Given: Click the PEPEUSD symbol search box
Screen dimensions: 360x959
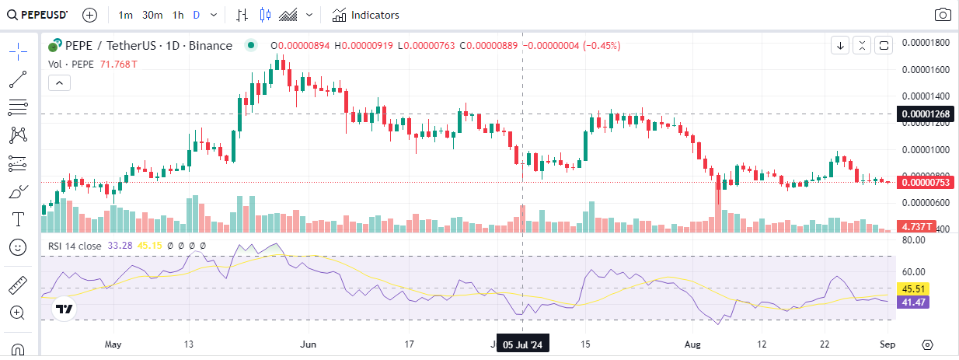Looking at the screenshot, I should pos(39,15).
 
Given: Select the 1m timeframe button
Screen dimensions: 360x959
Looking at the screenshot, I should pos(126,15).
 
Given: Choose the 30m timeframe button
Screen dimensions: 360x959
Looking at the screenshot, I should pos(152,15).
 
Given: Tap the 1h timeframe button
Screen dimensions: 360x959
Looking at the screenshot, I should pos(178,15).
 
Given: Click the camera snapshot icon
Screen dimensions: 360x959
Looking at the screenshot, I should pos(942,15).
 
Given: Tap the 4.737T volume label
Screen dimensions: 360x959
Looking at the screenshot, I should pos(918,226).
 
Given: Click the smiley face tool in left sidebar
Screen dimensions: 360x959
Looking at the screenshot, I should pos(18,247).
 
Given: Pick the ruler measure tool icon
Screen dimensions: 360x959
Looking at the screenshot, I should pos(18,285).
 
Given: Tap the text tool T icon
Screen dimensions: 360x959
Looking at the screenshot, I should pos(18,218).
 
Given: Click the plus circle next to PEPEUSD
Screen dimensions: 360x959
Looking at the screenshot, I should pos(89,15).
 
